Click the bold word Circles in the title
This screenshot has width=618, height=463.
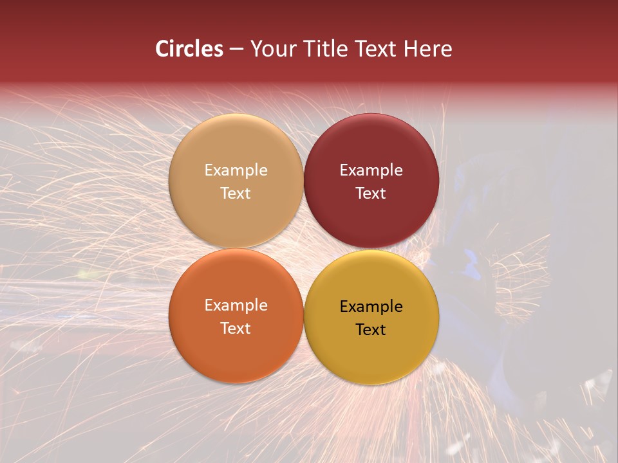coord(189,49)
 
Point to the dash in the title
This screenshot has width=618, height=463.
coord(236,50)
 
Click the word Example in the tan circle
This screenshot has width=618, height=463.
coord(236,170)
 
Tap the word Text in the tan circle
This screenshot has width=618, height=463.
coord(236,194)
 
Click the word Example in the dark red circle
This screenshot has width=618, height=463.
coord(371,170)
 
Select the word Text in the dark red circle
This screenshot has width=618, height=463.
coord(371,194)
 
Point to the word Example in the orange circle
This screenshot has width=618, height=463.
coord(236,305)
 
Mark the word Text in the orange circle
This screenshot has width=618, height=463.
coord(236,329)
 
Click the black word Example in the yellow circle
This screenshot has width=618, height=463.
coord(371,307)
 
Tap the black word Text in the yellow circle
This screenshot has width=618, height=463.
coord(371,330)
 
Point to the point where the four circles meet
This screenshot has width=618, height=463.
coord(303,249)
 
